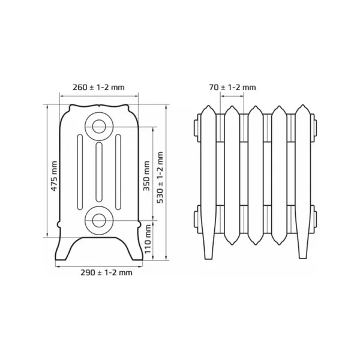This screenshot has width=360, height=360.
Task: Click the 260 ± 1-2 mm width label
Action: tap(98, 88)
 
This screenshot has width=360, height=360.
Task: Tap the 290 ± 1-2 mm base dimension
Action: tap(106, 272)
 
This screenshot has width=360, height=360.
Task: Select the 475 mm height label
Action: tap(54, 176)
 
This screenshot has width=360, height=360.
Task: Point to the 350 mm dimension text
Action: tap(146, 176)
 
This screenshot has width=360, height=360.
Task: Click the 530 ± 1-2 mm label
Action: tap(160, 177)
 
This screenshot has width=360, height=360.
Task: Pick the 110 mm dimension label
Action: tap(148, 239)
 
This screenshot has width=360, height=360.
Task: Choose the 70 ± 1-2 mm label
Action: tap(232, 88)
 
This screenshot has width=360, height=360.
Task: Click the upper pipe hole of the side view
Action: tap(99, 127)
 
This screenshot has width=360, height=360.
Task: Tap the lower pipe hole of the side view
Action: tap(99, 220)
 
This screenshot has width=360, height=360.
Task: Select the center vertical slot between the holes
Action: tap(99, 172)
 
